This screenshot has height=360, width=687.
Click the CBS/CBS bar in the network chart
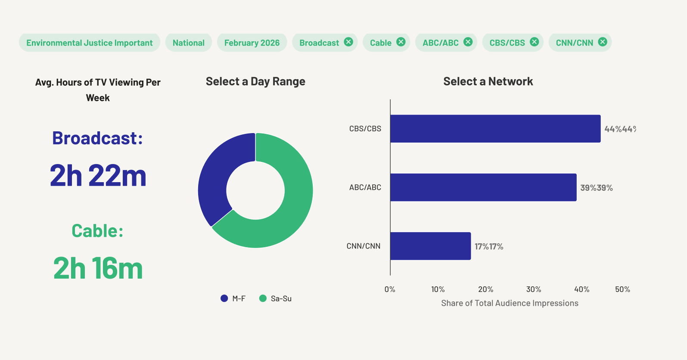(495, 128)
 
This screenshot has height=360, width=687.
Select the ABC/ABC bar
(483, 187)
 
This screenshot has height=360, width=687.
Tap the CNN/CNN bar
(431, 246)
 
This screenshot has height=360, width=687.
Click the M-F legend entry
(233, 298)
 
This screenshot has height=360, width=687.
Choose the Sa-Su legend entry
(275, 298)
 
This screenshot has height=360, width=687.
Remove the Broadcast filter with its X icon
(348, 42)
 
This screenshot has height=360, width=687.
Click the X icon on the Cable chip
(401, 42)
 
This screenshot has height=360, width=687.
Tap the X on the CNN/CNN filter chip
(603, 42)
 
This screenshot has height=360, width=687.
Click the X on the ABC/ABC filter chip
(468, 42)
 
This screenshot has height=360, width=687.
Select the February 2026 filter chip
(252, 43)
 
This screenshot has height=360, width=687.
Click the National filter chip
(189, 43)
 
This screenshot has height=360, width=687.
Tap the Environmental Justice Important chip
(90, 43)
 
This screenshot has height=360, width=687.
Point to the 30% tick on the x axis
(534, 289)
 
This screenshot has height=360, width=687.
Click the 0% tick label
(390, 289)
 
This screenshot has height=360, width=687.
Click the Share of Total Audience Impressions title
(510, 303)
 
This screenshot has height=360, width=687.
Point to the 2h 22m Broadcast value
(98, 175)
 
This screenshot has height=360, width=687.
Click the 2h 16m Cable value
(98, 268)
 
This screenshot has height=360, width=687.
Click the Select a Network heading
(488, 81)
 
